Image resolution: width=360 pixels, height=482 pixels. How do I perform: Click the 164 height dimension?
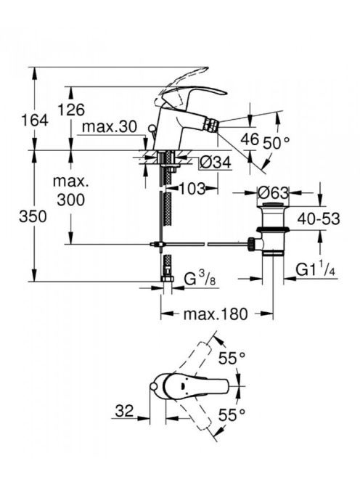[34, 120]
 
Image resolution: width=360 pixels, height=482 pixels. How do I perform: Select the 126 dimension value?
[71, 110]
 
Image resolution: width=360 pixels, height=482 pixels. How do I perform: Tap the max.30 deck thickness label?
[109, 126]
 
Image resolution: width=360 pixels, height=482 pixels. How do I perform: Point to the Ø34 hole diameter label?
[215, 163]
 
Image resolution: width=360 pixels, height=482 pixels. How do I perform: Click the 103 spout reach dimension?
[191, 189]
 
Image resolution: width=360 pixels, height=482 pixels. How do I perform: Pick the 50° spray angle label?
[277, 142]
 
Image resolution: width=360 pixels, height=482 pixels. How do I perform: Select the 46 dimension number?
[250, 139]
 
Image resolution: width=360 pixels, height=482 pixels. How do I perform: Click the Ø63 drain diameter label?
[273, 193]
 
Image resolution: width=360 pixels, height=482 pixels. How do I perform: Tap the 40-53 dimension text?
[319, 219]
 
